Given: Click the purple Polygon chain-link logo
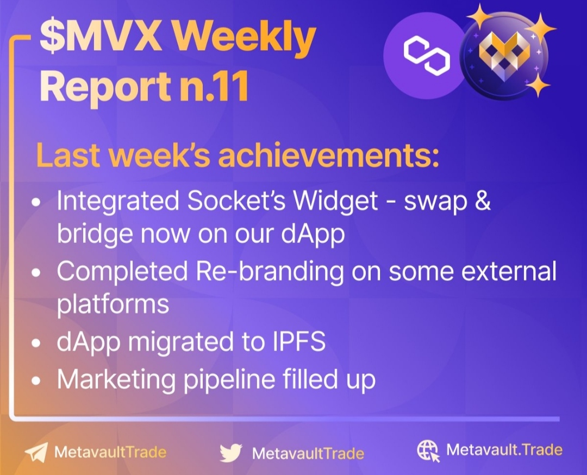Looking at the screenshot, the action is (x=426, y=55).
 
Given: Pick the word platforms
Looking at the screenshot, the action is (x=113, y=304).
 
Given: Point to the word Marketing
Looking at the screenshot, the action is (x=116, y=379).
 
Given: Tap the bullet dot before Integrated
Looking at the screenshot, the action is (x=36, y=203).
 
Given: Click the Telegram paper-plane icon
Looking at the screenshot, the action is (x=36, y=453).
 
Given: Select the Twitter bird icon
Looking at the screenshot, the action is (x=231, y=453).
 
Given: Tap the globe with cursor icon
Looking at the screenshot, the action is (x=428, y=451).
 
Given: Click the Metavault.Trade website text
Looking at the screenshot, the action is (x=504, y=449).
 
